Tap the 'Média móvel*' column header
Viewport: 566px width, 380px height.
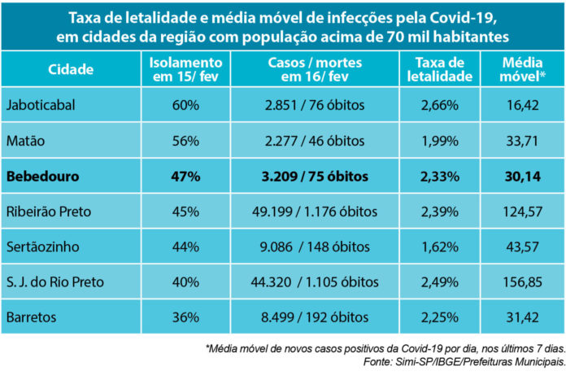tap(523, 70)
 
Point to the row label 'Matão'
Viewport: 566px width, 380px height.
tap(27, 141)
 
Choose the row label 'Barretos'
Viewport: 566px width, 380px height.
tap(33, 317)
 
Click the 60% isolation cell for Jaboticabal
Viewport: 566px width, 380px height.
tap(185, 105)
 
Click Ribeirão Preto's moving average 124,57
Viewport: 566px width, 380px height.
tap(523, 212)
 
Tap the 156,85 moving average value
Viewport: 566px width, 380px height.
tap(523, 282)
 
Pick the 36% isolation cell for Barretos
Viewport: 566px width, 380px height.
tap(185, 317)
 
